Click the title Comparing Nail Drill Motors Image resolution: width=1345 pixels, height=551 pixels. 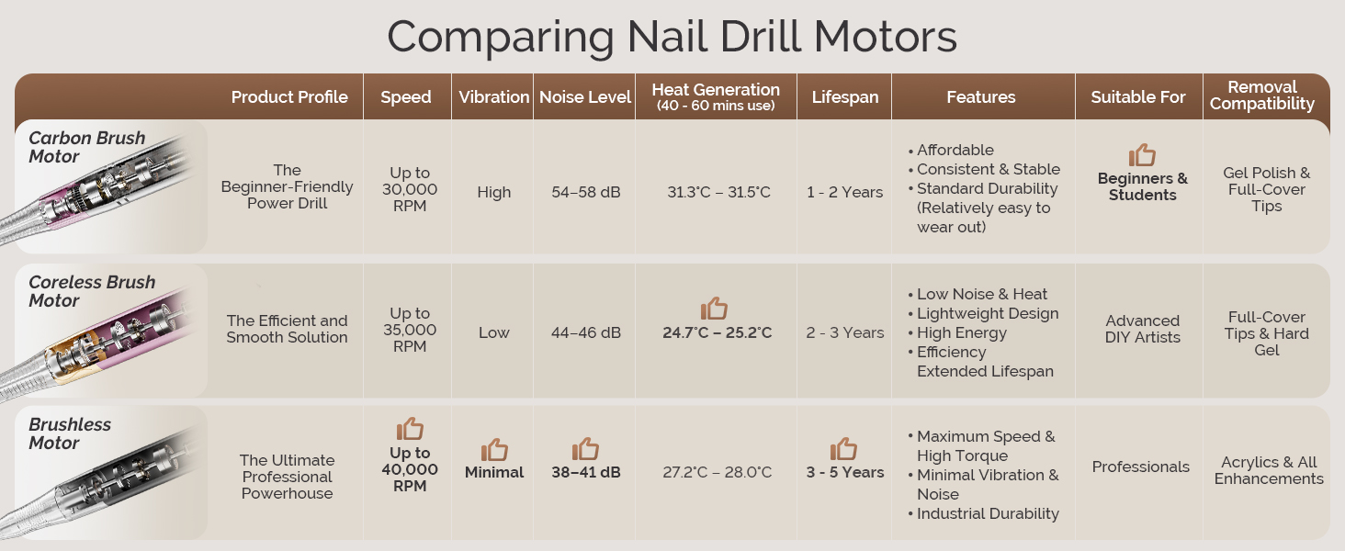point(672,37)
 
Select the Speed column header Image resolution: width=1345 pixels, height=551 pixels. point(406,96)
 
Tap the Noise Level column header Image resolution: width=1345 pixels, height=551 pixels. point(585,96)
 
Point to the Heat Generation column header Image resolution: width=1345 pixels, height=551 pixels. point(716,96)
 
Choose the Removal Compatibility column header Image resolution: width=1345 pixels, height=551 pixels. point(1262,96)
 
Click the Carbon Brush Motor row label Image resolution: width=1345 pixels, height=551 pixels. point(86,147)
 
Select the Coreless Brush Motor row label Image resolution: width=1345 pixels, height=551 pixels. point(92,291)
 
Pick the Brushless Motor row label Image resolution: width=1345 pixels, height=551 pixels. point(70,433)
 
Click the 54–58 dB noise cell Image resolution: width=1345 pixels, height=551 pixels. point(586,192)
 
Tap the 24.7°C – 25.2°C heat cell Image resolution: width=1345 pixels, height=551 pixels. point(717,332)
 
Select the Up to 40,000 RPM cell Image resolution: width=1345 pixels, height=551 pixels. point(410,469)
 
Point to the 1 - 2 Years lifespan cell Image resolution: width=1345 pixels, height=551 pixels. point(844,192)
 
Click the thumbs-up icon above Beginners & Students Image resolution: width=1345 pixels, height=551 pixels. point(1142,154)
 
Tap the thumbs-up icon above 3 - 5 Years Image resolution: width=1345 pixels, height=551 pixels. point(843,449)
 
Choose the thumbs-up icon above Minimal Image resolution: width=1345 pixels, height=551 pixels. point(494,450)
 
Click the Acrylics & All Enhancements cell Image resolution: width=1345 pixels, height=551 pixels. point(1269,470)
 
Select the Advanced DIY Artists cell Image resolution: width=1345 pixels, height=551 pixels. point(1142,329)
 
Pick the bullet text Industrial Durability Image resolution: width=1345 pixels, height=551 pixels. point(988,513)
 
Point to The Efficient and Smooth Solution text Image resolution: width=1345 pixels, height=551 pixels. point(288,329)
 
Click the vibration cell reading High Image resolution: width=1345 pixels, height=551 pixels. point(493,192)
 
